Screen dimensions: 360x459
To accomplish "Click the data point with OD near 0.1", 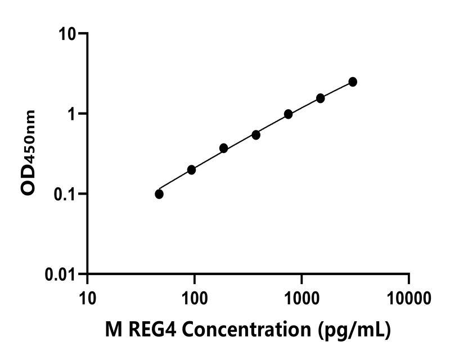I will click(x=159, y=194).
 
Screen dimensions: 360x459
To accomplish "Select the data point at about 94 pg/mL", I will click(x=191, y=170).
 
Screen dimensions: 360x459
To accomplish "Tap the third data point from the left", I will click(x=223, y=148).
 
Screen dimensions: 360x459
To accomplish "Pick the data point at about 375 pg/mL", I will click(x=256, y=135).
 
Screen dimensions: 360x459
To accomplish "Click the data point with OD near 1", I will click(x=288, y=114).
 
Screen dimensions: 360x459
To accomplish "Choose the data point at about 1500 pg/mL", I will click(x=321, y=98).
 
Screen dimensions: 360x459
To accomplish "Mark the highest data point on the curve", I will click(x=353, y=82).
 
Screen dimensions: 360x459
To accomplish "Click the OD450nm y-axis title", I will click(x=28, y=153).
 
